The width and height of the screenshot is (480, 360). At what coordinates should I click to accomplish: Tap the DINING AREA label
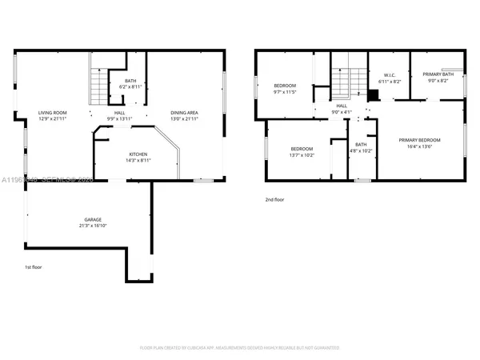pyautogui.click(x=184, y=114)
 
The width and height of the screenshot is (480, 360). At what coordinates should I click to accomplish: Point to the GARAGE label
pyautogui.click(x=93, y=219)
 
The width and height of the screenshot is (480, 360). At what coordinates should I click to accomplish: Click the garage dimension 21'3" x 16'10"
pyautogui.click(x=93, y=226)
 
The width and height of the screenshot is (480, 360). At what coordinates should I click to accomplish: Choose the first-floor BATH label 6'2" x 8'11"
pyautogui.click(x=129, y=79)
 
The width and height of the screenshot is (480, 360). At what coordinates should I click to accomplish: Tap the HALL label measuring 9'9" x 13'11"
pyautogui.click(x=119, y=114)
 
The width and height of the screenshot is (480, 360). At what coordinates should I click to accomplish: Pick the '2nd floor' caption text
pyautogui.click(x=274, y=200)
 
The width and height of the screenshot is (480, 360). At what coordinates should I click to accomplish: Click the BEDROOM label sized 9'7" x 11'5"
pyautogui.click(x=286, y=86)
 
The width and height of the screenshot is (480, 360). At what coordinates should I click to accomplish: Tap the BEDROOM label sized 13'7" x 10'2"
pyautogui.click(x=302, y=149)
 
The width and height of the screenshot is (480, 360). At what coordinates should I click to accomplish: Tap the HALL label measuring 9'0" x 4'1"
pyautogui.click(x=342, y=106)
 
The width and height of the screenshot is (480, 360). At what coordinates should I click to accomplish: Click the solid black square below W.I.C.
pyautogui.click(x=372, y=94)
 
